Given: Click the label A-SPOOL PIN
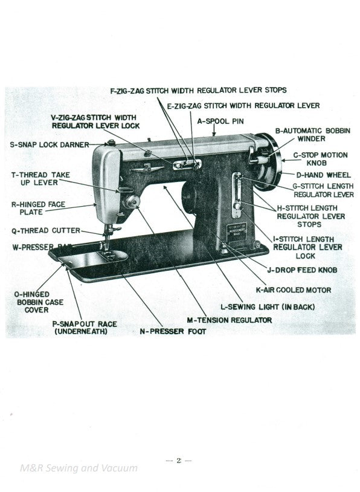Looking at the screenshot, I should [220, 121].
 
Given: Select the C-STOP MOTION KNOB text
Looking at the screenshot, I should [320, 159].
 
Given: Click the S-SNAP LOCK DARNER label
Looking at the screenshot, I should [49, 144].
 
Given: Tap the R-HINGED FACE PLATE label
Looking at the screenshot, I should [37, 209].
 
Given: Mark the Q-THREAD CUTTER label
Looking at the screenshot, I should [45, 230].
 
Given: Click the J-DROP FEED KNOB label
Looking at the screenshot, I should [301, 270].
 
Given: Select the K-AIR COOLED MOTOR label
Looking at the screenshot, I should [293, 290].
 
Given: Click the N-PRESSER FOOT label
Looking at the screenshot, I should [173, 331].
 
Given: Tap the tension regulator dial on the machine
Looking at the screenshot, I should [129, 201].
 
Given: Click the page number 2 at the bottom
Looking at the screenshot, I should [179, 461].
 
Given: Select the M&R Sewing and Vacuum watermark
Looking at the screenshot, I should [79, 467].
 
